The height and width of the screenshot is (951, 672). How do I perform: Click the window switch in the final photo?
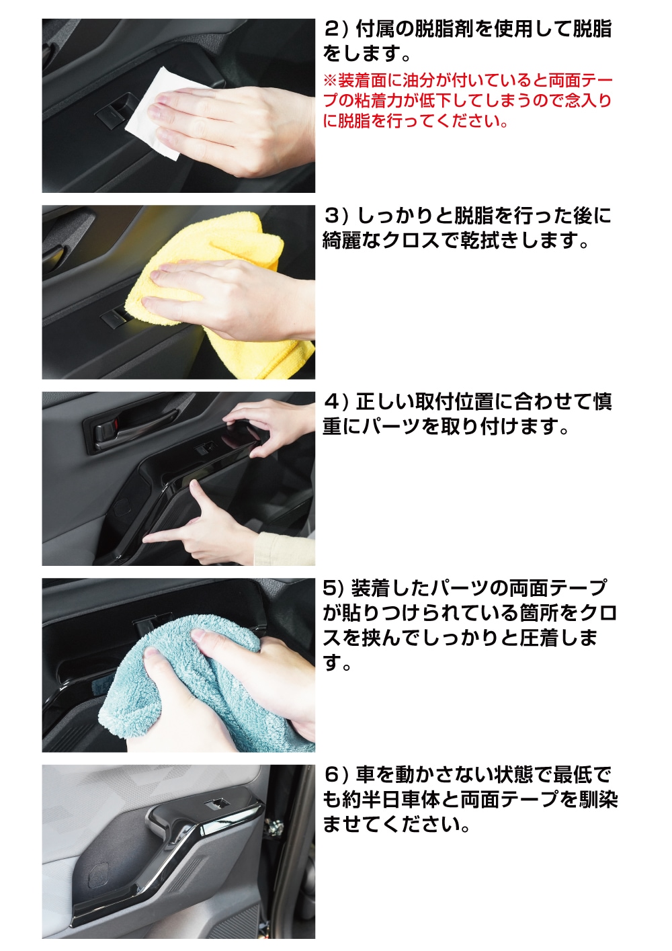[216, 802]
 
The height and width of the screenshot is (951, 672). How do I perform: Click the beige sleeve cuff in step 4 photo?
[286, 549]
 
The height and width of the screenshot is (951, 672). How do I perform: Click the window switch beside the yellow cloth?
[114, 318]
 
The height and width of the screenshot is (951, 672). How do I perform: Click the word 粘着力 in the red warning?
[372, 101]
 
